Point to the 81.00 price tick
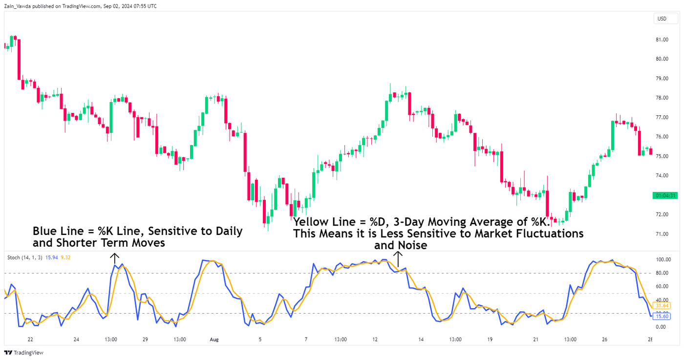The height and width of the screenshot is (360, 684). (x=662, y=40)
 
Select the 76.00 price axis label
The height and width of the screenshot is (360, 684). (x=662, y=137)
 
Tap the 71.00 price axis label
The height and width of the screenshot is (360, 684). (x=662, y=234)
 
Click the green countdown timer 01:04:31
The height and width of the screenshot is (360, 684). (x=665, y=196)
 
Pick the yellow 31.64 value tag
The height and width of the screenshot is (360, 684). (x=663, y=306)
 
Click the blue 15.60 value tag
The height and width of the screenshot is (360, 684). (x=663, y=317)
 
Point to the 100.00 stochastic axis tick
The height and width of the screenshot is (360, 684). (x=663, y=259)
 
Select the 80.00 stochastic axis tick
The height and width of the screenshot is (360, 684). (x=662, y=273)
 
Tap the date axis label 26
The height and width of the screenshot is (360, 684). (x=604, y=339)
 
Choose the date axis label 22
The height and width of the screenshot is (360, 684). (x=30, y=339)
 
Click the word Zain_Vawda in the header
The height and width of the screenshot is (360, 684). (x=17, y=6)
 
